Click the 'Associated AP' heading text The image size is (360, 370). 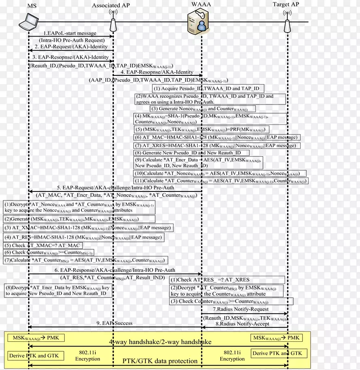(111, 5)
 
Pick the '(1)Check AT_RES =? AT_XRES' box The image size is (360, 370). (210, 280)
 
